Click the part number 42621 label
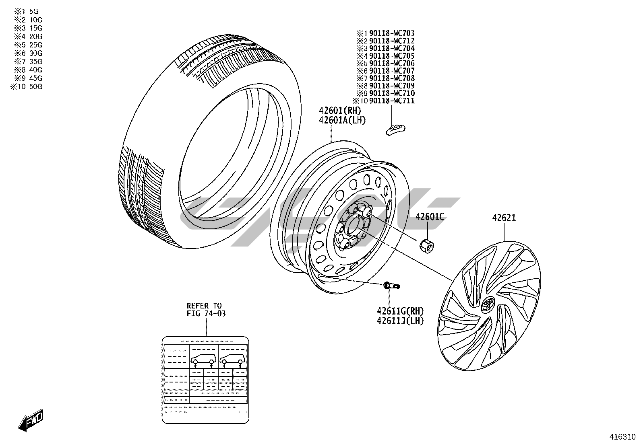504,218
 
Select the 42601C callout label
430,217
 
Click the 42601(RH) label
340,110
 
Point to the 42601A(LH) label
342,120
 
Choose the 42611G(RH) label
400,311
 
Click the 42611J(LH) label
400,321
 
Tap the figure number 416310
622,436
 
